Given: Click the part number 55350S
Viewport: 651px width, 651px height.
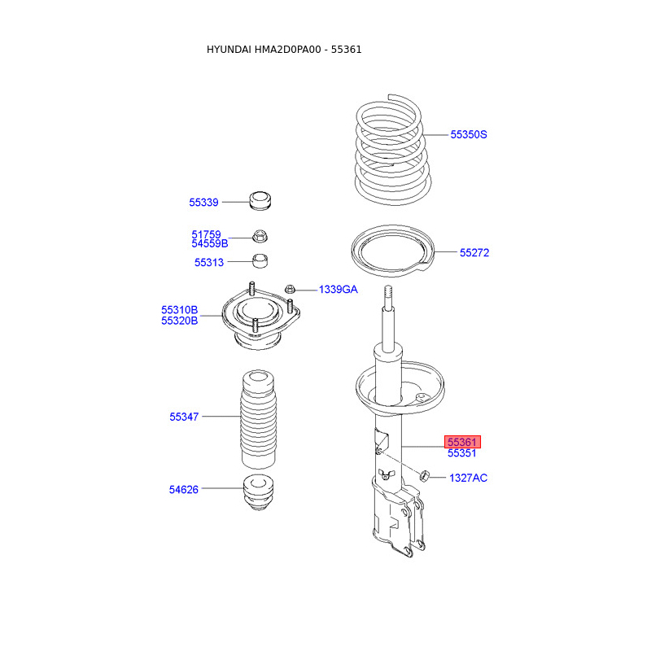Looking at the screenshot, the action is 469,134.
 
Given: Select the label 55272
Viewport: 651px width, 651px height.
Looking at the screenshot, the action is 474,252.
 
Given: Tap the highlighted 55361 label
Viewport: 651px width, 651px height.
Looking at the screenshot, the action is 462,442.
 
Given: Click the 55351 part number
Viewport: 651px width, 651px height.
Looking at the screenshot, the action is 461,453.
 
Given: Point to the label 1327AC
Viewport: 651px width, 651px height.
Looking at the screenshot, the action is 469,478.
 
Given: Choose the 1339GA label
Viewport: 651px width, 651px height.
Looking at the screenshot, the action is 338,290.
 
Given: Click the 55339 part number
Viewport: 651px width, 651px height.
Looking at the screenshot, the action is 203,203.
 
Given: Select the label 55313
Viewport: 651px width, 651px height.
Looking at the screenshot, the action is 209,262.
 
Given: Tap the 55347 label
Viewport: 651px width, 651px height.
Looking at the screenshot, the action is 184,417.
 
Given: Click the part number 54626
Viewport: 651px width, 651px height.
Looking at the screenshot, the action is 184,490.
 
